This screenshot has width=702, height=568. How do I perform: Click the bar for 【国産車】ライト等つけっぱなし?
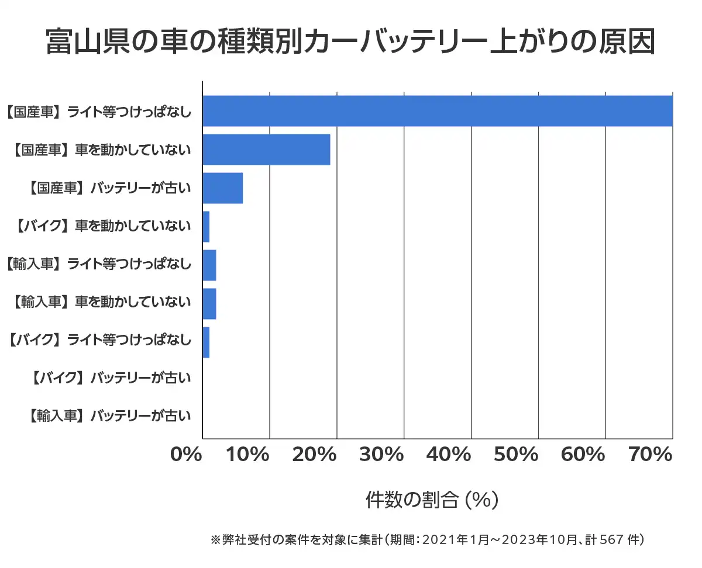coord(438,111)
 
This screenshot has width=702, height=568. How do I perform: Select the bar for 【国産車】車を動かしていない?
coord(266,150)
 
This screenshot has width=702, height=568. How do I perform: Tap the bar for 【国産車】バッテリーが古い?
coord(222,188)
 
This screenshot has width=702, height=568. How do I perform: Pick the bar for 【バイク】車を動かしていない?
coord(206,227)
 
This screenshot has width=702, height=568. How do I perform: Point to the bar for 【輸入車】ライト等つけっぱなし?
coord(209,265)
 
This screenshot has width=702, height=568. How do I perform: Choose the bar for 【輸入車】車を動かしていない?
coord(209,304)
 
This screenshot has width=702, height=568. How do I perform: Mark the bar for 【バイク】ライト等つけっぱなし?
coord(206,342)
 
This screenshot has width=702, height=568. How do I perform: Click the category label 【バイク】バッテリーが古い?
coord(109,378)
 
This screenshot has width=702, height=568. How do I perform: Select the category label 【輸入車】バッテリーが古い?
coord(109,416)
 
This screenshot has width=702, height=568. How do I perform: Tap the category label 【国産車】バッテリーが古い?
coord(109,188)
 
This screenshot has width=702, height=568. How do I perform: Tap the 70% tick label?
coord(650,455)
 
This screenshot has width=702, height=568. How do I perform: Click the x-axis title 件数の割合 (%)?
coord(432,500)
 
